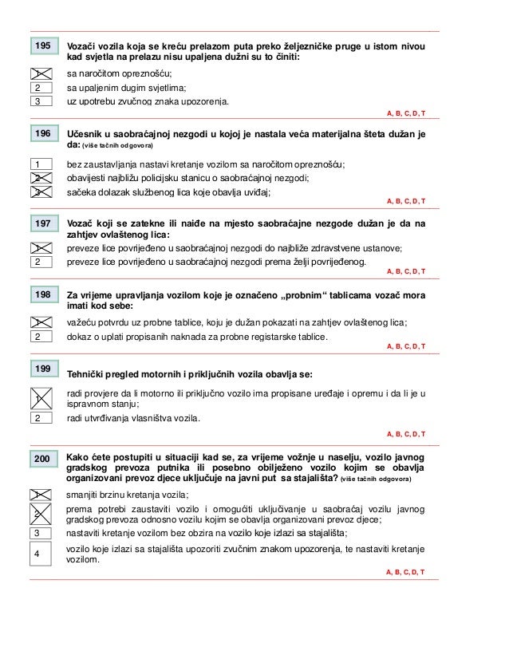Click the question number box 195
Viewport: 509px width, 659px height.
click(x=42, y=47)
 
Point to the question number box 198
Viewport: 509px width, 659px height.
click(x=42, y=295)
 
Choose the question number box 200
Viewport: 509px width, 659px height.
click(x=42, y=458)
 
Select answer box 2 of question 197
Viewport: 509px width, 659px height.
click(x=37, y=261)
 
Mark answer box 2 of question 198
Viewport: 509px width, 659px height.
click(x=37, y=336)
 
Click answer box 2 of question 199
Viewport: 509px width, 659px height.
click(x=37, y=417)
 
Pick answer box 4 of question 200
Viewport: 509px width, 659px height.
click(x=37, y=553)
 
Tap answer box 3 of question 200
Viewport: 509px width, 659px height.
click(x=37, y=532)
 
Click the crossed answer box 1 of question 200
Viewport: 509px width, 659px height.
click(x=37, y=494)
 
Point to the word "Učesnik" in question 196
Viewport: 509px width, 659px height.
click(x=85, y=133)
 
